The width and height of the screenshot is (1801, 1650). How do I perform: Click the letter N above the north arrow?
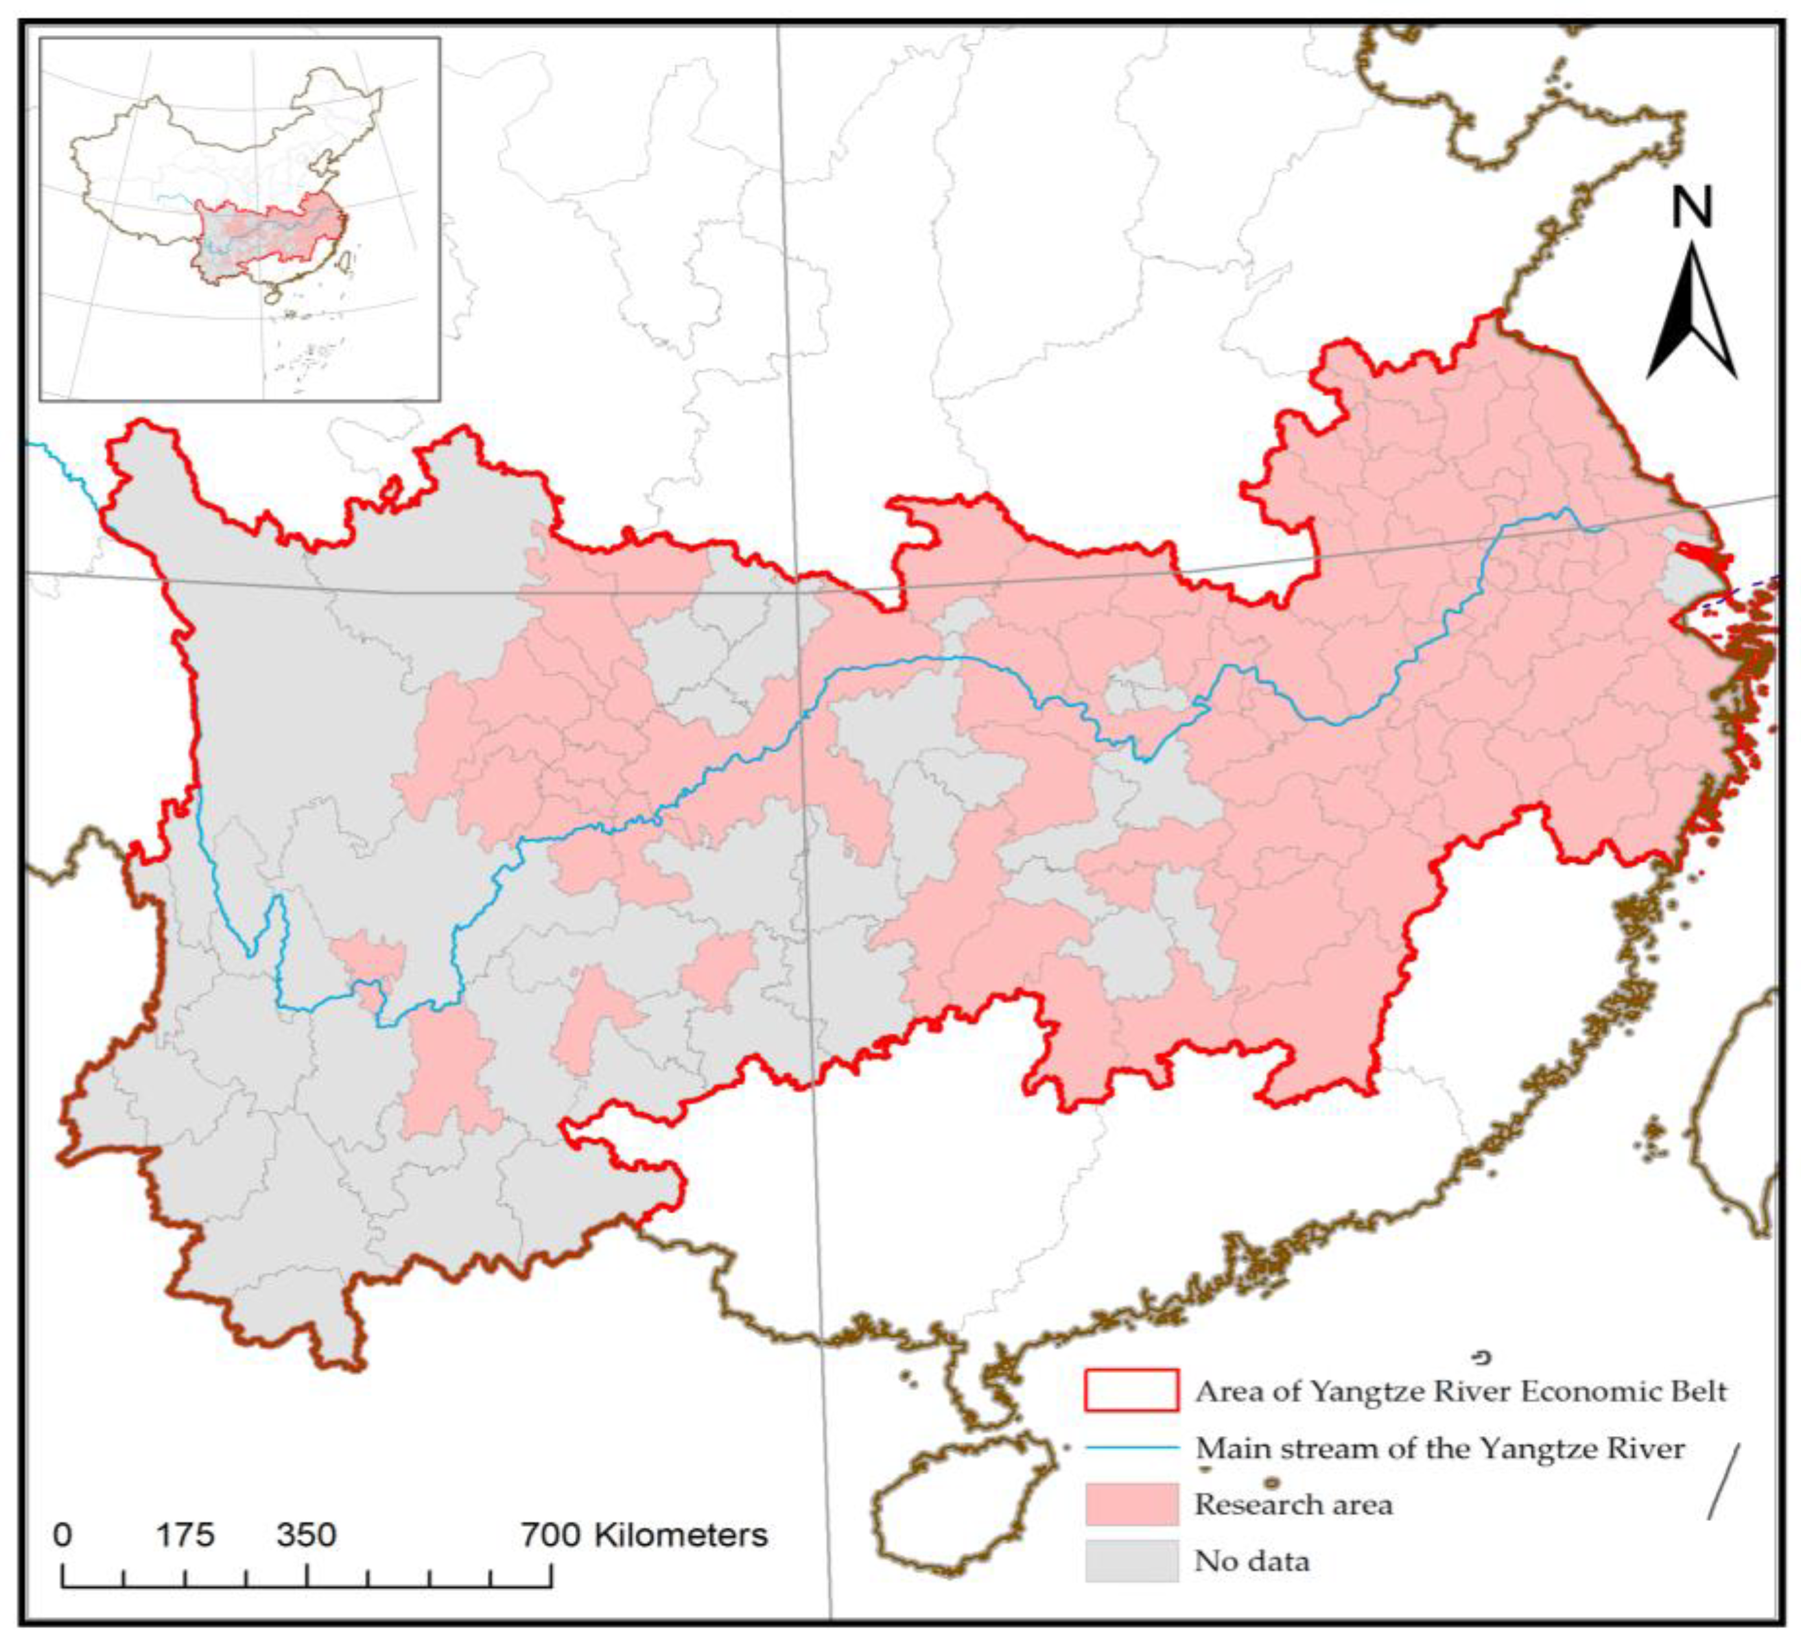coord(1692,208)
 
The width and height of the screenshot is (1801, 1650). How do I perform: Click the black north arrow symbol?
coord(1691,312)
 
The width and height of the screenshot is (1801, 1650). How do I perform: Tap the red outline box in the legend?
coord(1131,1390)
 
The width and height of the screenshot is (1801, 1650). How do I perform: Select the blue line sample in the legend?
coord(1131,1447)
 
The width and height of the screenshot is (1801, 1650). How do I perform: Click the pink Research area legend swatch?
coord(1131,1503)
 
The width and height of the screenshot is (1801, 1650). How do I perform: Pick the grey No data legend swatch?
coord(1131,1561)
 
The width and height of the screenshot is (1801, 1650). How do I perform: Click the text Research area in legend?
coord(1293,1504)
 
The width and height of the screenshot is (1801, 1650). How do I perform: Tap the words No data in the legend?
coord(1252,1562)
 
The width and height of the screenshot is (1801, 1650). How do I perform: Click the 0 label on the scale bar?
coord(62,1535)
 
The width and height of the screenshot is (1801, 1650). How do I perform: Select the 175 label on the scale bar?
coord(186,1535)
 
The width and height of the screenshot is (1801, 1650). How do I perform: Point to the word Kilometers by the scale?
coord(681,1535)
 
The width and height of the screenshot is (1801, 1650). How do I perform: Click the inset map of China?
coord(239,219)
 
